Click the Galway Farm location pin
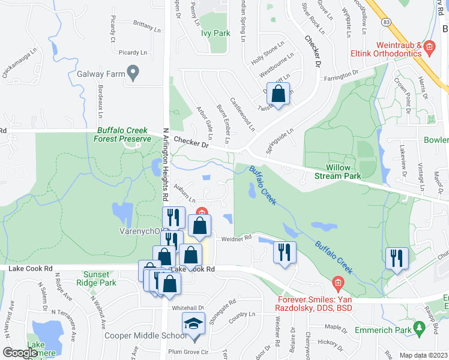(x=134, y=74)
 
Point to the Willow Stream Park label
(x=343, y=172)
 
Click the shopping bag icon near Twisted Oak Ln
(x=279, y=94)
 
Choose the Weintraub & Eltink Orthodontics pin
(x=429, y=46)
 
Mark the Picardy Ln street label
(x=133, y=53)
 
